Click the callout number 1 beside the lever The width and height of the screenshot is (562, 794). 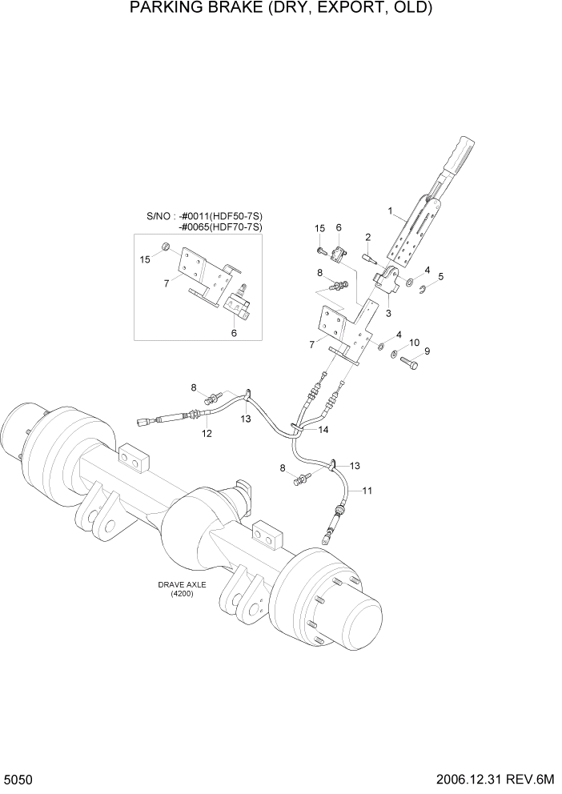coord(390,212)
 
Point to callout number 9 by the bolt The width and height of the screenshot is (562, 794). coord(427,351)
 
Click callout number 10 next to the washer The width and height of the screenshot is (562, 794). coord(414,343)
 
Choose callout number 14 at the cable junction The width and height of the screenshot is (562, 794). coord(323,430)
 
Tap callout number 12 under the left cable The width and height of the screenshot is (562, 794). coord(207,434)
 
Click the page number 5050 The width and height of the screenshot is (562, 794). coord(18,778)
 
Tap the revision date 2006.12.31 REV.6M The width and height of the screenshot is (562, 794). coord(497,778)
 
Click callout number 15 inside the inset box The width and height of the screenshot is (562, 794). coord(145,260)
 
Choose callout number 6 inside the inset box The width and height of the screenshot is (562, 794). coord(234,333)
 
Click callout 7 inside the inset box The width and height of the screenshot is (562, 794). coord(166,283)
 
